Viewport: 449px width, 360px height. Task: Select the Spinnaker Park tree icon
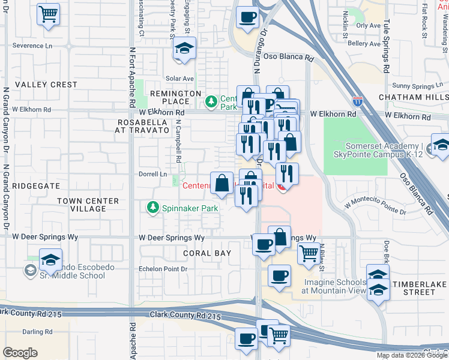153,208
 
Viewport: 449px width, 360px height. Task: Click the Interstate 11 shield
358,102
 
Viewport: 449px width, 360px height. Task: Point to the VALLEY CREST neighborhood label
46,85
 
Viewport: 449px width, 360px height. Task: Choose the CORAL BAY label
206,253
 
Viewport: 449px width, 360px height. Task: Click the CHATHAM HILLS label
414,97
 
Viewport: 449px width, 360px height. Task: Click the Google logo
20,353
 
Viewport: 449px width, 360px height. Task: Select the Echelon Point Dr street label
163,269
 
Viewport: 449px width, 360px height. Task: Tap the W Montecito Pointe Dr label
375,208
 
